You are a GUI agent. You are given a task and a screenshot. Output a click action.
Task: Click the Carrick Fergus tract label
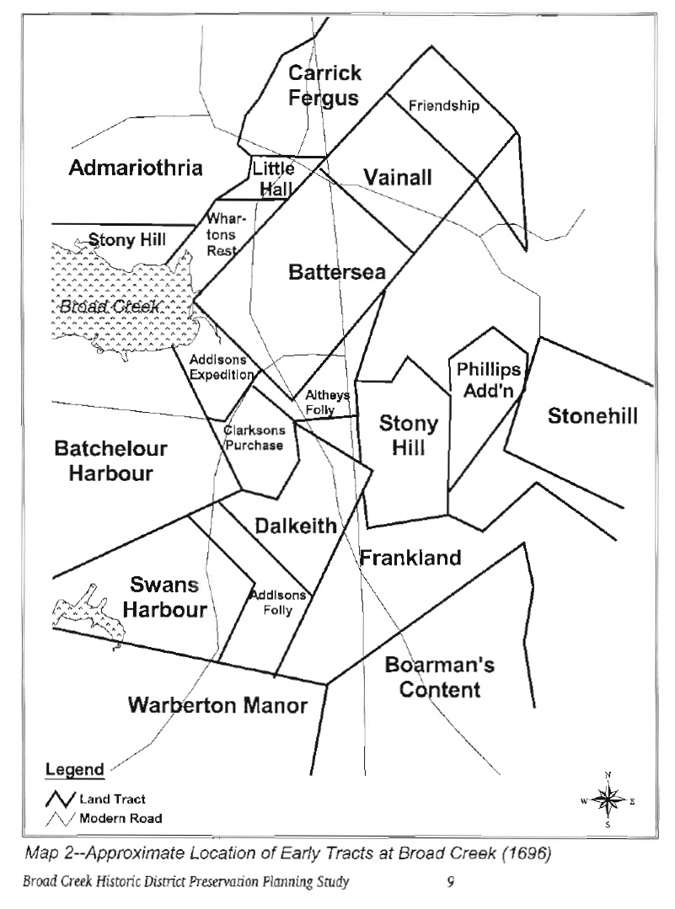pyautogui.click(x=324, y=85)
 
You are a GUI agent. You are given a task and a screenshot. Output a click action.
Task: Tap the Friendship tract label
pyautogui.click(x=443, y=106)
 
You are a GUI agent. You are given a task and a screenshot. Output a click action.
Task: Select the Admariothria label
pyautogui.click(x=136, y=168)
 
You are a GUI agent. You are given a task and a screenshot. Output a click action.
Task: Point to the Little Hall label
pyautogui.click(x=273, y=179)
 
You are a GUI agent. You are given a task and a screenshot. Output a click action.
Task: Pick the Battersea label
pyautogui.click(x=336, y=272)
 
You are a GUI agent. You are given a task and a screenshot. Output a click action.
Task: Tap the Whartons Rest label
pyautogui.click(x=221, y=235)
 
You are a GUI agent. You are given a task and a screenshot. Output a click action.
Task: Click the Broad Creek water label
pyautogui.click(x=109, y=307)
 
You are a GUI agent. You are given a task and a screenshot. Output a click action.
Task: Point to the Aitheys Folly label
pyautogui.click(x=320, y=402)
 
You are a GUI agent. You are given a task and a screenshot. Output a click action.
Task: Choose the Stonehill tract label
pyautogui.click(x=592, y=416)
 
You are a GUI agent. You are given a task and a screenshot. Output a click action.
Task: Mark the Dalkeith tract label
pyautogui.click(x=295, y=527)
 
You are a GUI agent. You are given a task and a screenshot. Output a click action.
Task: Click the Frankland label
pyautogui.click(x=410, y=558)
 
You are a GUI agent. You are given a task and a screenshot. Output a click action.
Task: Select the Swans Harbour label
pyautogui.click(x=169, y=596)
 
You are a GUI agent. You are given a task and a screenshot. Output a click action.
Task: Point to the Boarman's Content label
pyautogui.click(x=439, y=677)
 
